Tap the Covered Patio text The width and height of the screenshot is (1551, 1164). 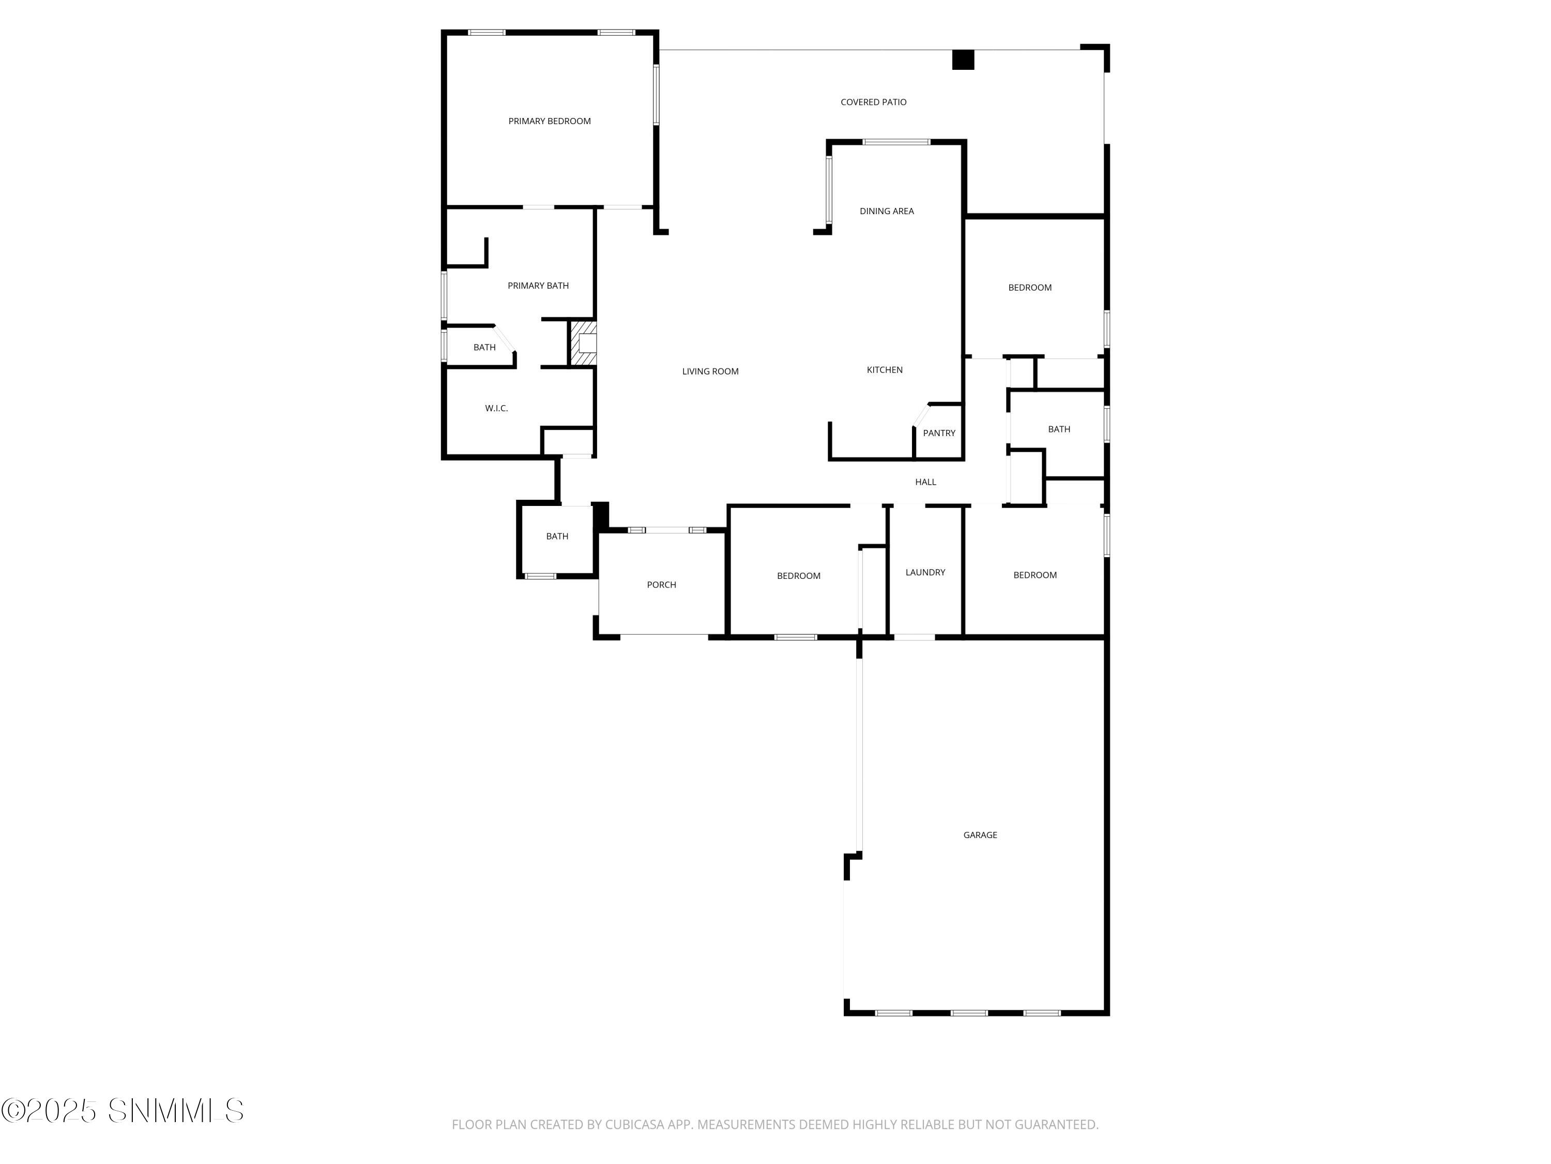tap(873, 102)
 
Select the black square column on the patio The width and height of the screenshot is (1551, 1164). tap(963, 61)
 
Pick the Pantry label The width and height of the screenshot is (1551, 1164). tap(938, 433)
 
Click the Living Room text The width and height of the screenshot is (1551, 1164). tap(710, 371)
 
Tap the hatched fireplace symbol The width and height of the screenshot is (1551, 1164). tap(583, 343)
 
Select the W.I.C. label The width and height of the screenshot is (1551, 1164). tap(496, 408)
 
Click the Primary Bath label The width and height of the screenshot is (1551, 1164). tap(538, 286)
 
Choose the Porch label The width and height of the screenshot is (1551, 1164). tap(661, 585)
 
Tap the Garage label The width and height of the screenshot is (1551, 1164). tap(980, 835)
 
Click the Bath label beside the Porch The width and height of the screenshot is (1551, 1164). tap(557, 536)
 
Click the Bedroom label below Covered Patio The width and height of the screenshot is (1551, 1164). tap(1029, 288)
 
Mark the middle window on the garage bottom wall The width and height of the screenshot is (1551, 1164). tap(968, 1012)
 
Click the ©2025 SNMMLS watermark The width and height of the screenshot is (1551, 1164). tap(123, 1111)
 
